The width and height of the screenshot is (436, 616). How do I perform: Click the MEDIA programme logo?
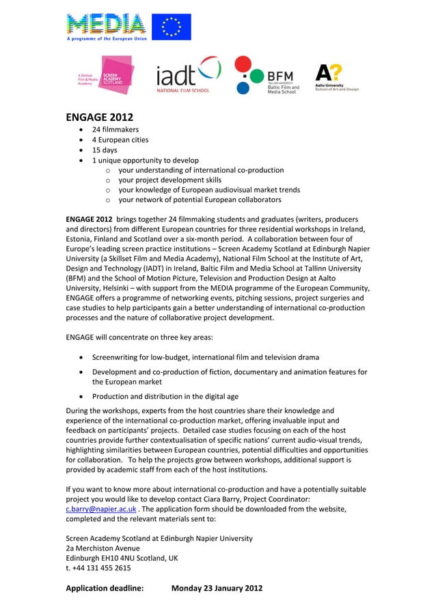click(107, 27)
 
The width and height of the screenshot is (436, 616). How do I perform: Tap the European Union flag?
click(171, 27)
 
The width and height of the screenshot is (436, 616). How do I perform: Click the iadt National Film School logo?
click(189, 76)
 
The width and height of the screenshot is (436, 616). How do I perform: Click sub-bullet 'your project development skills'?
click(180, 180)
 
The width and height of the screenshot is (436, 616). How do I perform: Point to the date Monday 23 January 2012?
click(217, 588)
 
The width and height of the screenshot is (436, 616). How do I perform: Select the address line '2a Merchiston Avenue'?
click(103, 548)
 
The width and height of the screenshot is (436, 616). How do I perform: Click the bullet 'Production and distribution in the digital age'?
click(165, 397)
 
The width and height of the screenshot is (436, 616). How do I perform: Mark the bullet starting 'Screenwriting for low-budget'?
click(205, 357)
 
